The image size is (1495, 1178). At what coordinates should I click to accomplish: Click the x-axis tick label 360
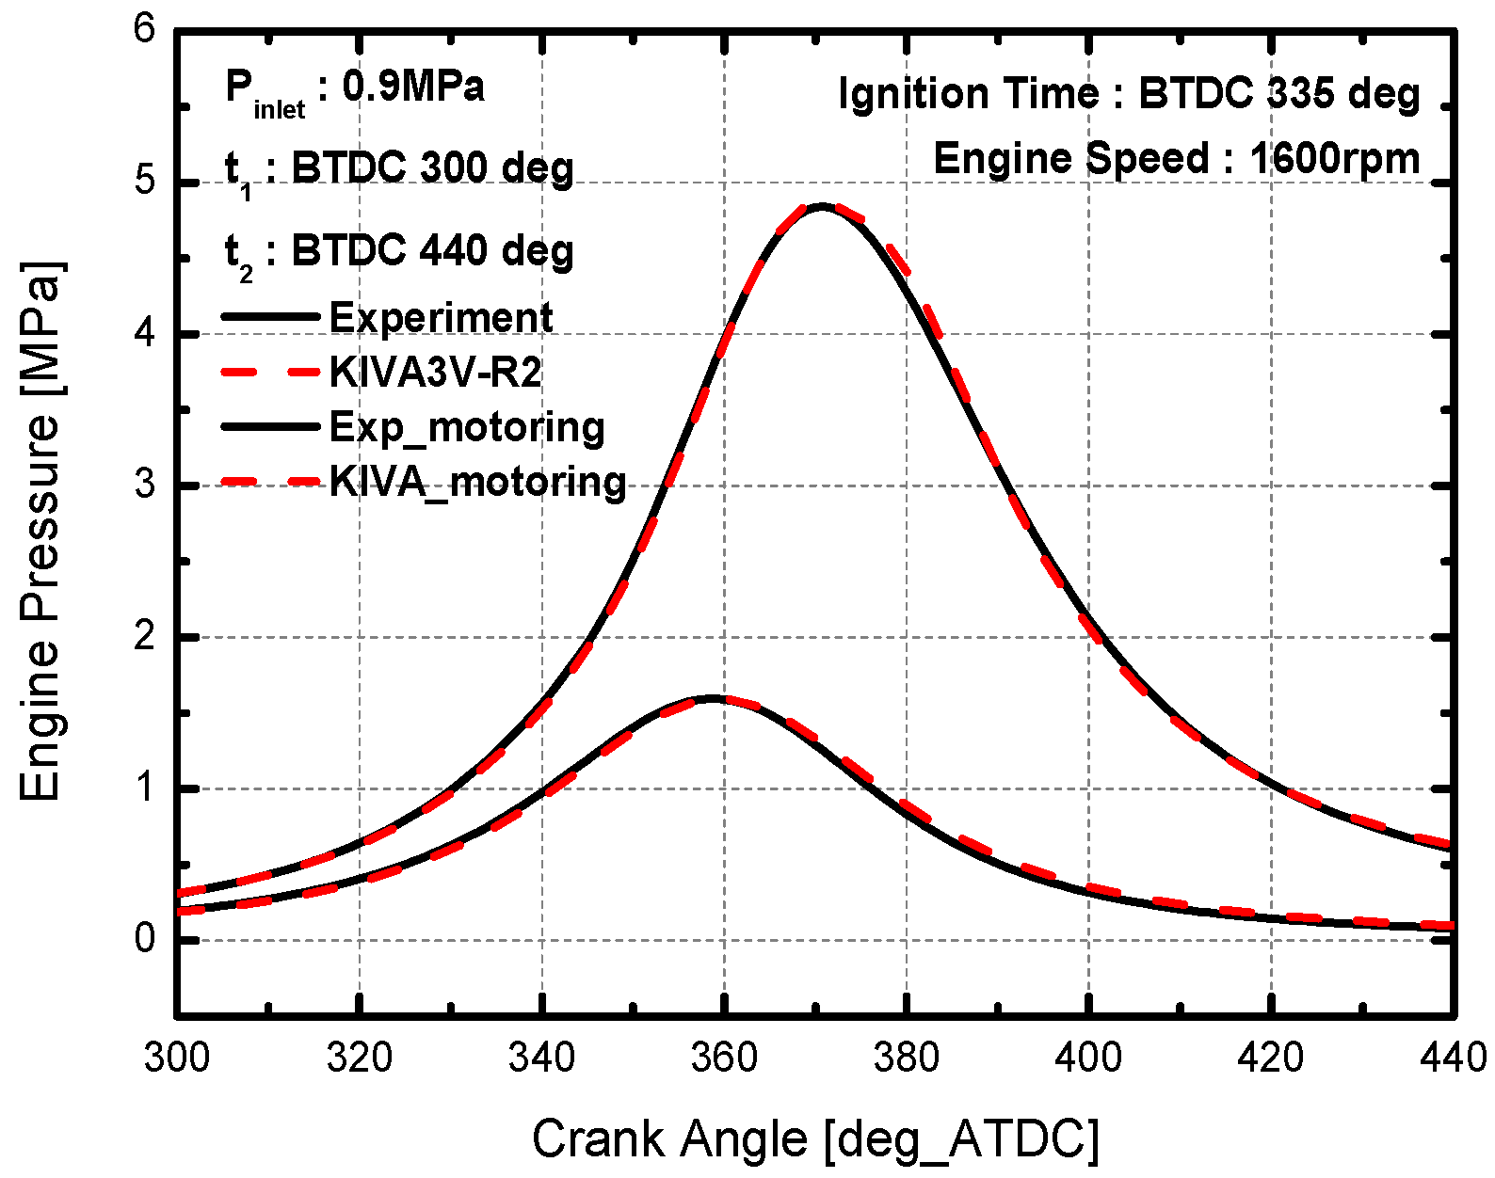point(723,1058)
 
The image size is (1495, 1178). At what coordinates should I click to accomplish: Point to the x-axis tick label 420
point(1271,1058)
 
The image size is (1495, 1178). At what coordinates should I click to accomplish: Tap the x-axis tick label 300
point(176,1058)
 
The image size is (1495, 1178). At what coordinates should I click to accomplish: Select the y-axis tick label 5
point(145,182)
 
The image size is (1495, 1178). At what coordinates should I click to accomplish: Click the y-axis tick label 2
point(145,637)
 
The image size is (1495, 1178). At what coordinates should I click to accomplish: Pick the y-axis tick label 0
point(145,939)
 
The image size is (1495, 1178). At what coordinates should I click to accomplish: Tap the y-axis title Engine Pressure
point(40,532)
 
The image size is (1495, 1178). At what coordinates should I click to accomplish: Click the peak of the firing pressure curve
point(821,204)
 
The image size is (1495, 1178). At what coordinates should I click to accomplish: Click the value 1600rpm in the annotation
point(1335,158)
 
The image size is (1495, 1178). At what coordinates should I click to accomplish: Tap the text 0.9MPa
point(413,87)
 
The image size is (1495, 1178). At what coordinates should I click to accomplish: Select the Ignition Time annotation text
point(1128,93)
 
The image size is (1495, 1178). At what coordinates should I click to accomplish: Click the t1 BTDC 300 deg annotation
point(399,169)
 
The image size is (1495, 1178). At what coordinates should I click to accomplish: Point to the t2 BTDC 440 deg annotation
point(399,251)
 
